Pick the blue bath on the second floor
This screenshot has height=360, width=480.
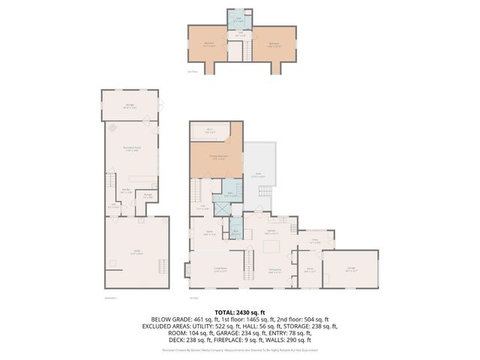[239, 18]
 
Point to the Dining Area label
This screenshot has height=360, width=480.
[274, 271]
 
